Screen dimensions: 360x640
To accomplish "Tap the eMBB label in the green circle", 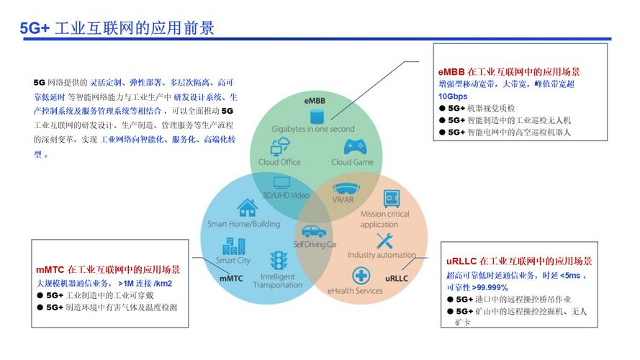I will (314, 99).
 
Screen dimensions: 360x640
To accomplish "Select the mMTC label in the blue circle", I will (232, 277).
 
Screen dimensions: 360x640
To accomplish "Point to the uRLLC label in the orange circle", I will (397, 277).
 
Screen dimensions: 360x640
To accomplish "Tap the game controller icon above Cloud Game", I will (353, 147).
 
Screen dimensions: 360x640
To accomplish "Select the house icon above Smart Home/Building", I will (247, 209).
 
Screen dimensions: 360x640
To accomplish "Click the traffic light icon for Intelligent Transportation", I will (277, 260).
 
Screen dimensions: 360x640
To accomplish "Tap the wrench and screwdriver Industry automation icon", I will (387, 240).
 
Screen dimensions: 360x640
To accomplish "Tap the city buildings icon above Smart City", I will (234, 246).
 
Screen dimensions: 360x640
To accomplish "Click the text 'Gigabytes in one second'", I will (313, 130).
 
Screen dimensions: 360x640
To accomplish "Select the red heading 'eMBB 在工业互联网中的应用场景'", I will (509, 72).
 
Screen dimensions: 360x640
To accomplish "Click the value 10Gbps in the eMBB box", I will (453, 96).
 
